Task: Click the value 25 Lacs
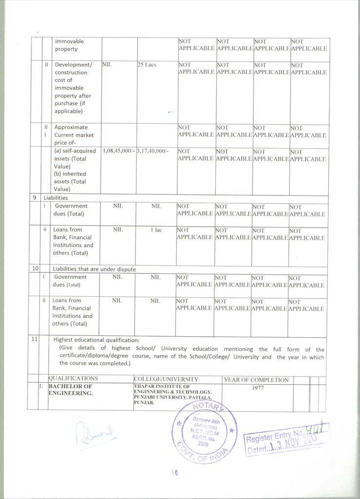coord(147,64)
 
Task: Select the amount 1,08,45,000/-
coord(119,151)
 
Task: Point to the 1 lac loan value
coord(155,230)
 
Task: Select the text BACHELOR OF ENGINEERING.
coord(70,390)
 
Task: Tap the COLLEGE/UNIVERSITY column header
coord(166,379)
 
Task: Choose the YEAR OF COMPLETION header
coord(256,380)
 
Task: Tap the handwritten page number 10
coord(175,472)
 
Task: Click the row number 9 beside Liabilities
coord(34,198)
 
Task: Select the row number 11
coord(35,340)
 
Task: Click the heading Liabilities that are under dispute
coord(94,269)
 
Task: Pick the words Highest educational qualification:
coord(96,340)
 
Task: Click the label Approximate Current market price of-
coord(74,135)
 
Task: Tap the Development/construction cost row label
coord(73,88)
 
